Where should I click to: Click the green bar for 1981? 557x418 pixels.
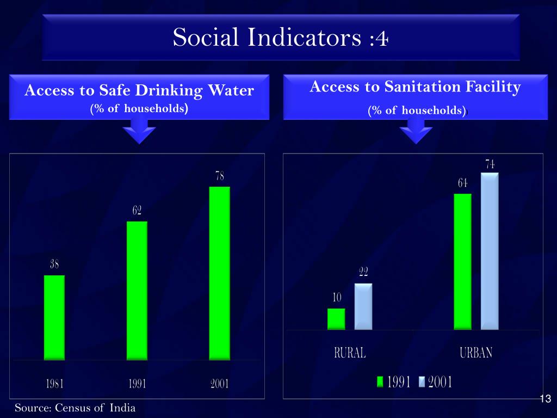54,317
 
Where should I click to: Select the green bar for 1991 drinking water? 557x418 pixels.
137,290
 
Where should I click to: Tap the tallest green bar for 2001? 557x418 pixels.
220,273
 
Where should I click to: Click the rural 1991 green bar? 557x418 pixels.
336,319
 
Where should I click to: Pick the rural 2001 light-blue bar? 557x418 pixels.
363,306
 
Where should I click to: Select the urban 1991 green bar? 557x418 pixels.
462,261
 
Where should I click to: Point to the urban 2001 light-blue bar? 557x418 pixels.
490,251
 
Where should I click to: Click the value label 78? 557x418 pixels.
220,176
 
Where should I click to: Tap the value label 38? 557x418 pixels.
54,265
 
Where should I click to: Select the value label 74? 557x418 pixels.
490,164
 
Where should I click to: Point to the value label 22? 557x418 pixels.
363,272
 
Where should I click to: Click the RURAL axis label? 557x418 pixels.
350,353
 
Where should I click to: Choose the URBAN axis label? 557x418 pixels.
476,353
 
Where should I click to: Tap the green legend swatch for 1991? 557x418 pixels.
381,382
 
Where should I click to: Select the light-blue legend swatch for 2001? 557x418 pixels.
422,382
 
